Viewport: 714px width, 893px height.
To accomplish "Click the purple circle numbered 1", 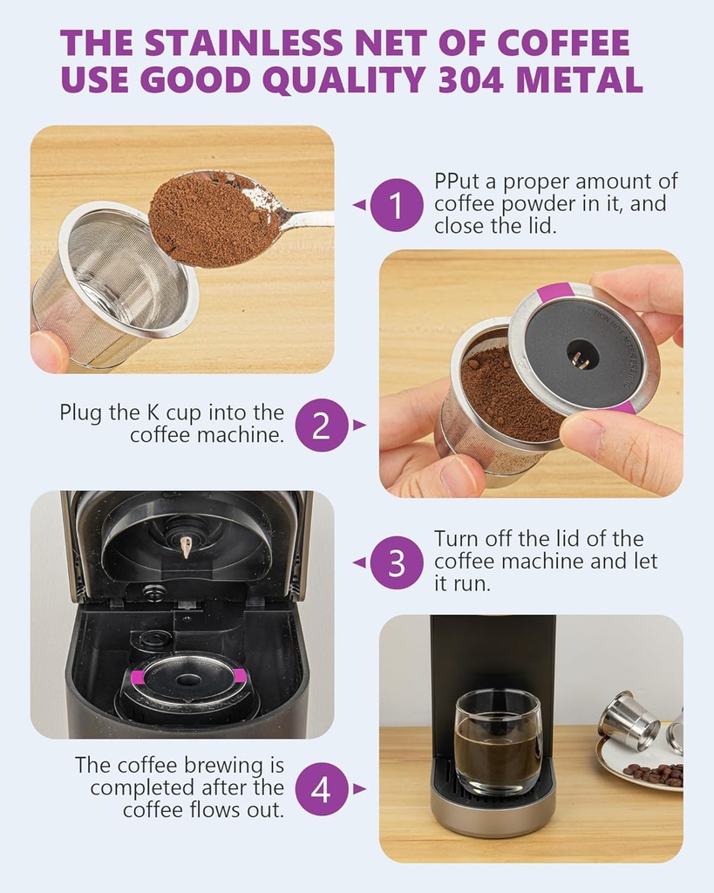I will point(397,206).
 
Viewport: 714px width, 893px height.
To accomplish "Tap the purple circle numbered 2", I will point(322,425).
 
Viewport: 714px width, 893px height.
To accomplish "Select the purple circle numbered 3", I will point(397,562).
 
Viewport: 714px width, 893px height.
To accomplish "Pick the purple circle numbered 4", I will point(322,789).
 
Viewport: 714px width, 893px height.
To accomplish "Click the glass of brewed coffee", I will point(498,741).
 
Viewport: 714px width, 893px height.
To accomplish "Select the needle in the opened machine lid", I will point(186,546).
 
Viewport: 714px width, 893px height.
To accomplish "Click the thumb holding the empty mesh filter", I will point(49,351).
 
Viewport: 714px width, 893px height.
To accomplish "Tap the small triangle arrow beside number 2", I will point(359,425).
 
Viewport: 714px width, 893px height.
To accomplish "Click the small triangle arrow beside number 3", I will point(358,562).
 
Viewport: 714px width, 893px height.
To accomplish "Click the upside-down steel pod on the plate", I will point(628,719).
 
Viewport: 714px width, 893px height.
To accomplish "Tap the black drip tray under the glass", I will point(493,787).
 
